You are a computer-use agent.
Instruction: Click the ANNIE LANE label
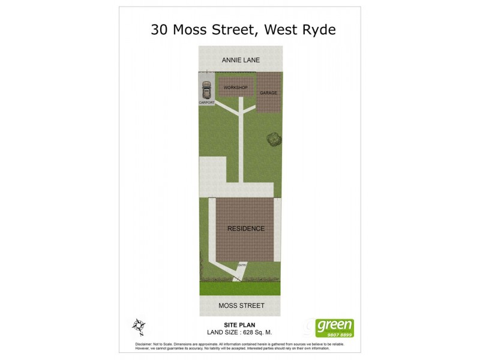239,61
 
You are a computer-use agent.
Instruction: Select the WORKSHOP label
235,88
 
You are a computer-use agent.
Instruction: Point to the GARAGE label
268,93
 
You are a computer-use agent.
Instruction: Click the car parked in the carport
206,91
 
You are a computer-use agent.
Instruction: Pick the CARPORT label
206,103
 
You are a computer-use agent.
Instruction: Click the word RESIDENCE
245,229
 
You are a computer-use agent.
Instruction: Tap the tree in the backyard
274,139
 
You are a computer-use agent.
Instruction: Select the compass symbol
139,326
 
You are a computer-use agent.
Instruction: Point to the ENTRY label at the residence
242,265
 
